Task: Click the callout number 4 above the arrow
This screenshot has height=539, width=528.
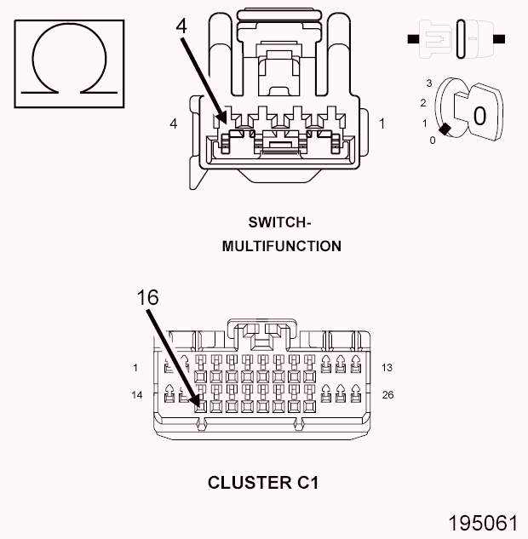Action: (x=181, y=26)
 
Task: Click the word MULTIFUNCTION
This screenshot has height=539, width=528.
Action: (x=281, y=246)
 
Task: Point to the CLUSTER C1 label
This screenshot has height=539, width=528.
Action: (x=262, y=483)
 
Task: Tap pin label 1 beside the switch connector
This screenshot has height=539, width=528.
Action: (x=382, y=124)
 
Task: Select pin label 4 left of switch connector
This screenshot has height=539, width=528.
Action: (x=174, y=124)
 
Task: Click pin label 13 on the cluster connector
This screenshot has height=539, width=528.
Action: (x=387, y=368)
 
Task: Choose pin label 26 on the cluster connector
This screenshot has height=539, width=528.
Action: (x=388, y=395)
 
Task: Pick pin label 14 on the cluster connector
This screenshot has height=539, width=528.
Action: (x=137, y=395)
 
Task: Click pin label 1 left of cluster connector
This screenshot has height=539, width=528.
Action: (x=136, y=368)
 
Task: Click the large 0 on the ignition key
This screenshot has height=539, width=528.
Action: (x=479, y=115)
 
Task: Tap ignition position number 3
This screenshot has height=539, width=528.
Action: (x=430, y=83)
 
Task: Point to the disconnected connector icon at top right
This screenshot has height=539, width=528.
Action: (x=457, y=39)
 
